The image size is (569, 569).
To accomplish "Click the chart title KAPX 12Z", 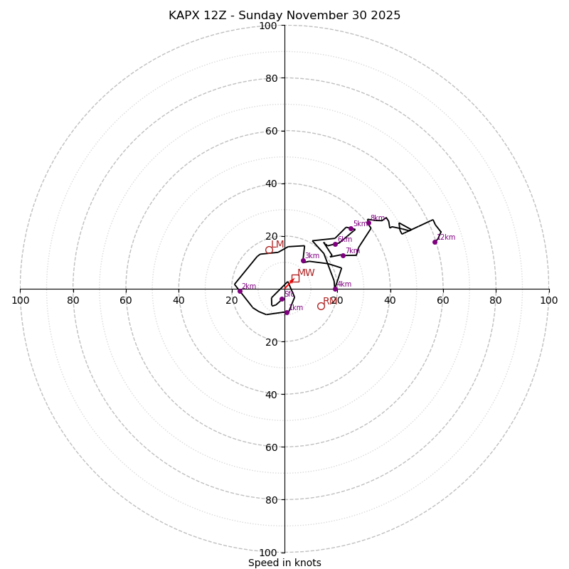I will click(x=284, y=16).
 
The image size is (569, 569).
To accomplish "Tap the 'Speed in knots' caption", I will click(x=284, y=563).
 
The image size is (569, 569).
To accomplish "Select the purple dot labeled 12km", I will click(x=435, y=242).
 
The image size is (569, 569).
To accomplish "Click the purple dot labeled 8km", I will click(x=368, y=223).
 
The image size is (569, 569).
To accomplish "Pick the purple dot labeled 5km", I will click(x=351, y=229).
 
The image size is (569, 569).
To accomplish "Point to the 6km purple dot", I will click(x=335, y=244).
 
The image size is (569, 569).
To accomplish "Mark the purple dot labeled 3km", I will click(x=303, y=260).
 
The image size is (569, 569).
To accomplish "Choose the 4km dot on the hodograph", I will click(x=335, y=289).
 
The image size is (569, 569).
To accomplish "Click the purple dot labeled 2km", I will click(x=240, y=291).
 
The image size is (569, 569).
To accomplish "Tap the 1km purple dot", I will click(x=287, y=312).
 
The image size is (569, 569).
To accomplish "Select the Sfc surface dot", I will click(x=282, y=299).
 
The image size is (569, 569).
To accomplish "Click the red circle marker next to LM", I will click(x=269, y=250).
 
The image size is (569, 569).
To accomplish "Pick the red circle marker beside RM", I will click(x=321, y=306).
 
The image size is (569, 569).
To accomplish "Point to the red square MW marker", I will click(x=295, y=278).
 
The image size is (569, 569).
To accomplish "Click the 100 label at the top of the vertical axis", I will click(x=267, y=26).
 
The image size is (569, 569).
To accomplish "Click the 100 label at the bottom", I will click(x=267, y=553).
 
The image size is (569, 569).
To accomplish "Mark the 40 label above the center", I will click(x=270, y=184).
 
